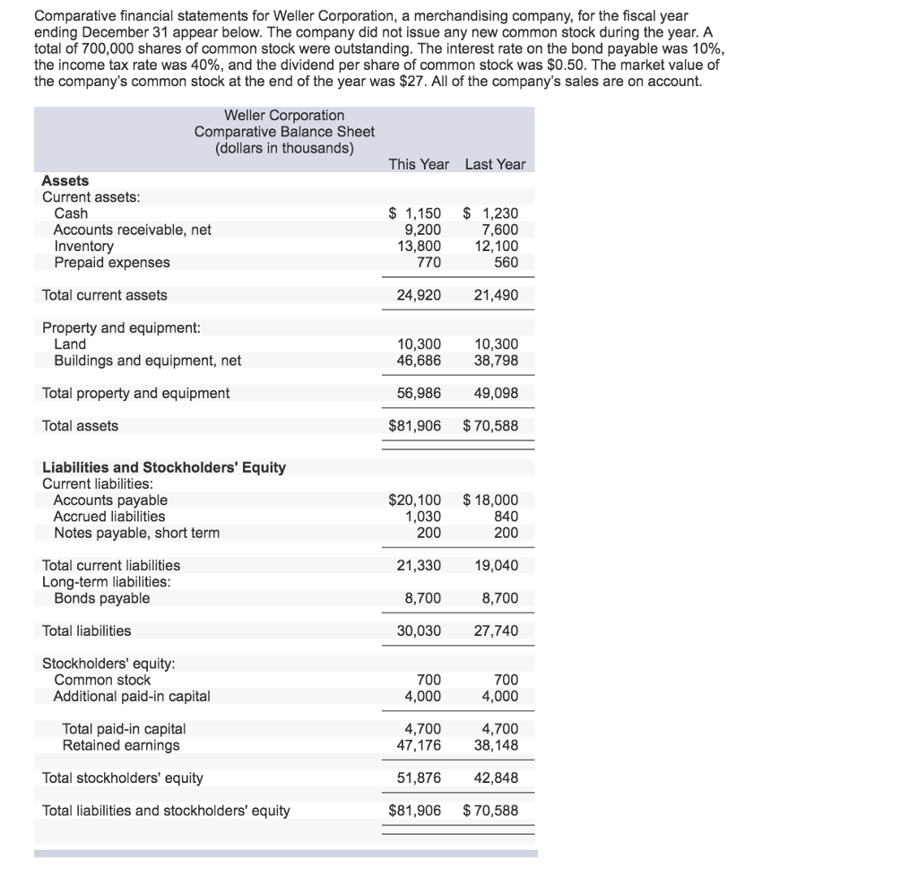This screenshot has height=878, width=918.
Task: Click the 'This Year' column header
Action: click(419, 164)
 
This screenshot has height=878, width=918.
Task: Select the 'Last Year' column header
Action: click(495, 164)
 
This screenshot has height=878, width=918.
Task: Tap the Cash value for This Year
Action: click(414, 213)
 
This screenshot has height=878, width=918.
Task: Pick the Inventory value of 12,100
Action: click(496, 246)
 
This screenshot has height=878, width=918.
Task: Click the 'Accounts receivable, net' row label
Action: click(132, 230)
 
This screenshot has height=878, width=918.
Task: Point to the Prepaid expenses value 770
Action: click(428, 262)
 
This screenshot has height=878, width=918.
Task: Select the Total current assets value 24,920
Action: click(419, 295)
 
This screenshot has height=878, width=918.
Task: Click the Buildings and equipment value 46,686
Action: click(419, 361)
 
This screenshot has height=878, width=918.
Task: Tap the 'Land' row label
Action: click(70, 344)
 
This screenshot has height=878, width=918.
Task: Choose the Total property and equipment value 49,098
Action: click(496, 393)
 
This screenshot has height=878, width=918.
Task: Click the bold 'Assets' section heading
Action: click(65, 180)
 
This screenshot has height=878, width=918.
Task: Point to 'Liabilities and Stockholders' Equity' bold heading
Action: click(164, 467)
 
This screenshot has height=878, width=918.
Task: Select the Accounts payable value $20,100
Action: click(414, 500)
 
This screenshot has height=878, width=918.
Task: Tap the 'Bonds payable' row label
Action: click(101, 598)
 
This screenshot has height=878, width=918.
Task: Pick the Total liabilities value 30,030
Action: click(419, 630)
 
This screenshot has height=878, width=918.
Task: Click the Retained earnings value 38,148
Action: click(496, 744)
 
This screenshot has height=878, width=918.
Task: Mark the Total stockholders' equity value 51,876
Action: click(419, 778)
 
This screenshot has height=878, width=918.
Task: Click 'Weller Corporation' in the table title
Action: click(283, 116)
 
